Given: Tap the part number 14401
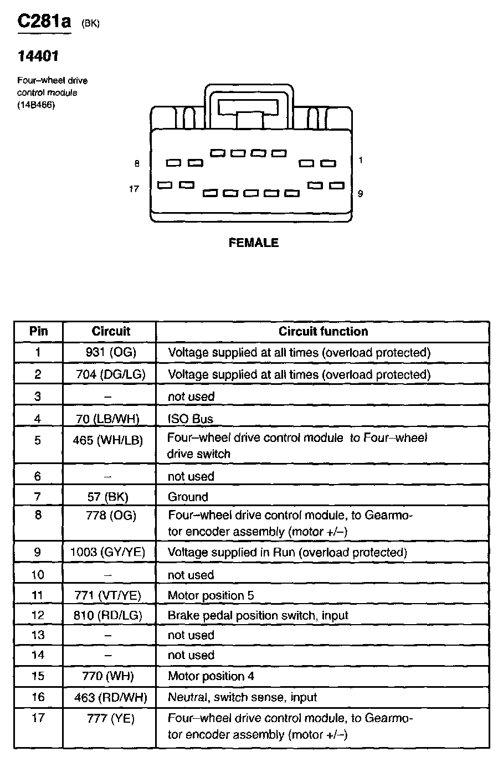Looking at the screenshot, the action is (x=38, y=56).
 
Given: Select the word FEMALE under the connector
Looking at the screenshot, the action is (x=253, y=243).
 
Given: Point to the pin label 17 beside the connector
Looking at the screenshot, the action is (x=134, y=189).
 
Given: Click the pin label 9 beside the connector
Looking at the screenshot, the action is (x=360, y=193).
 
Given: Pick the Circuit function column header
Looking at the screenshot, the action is (x=323, y=332).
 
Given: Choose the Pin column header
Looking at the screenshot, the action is (x=38, y=332).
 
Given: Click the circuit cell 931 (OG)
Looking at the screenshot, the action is (x=110, y=353).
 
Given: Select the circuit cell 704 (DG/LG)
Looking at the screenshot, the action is (x=110, y=374).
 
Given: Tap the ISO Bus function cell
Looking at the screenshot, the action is (x=191, y=419).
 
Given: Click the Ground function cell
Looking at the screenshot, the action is (x=188, y=497).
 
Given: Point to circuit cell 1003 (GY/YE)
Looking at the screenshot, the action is (x=108, y=552).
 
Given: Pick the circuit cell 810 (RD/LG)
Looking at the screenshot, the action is (x=108, y=615).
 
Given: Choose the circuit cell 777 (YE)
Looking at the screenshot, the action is (x=110, y=719).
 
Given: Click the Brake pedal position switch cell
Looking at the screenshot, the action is (x=258, y=615).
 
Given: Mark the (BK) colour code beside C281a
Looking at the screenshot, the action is (x=90, y=23).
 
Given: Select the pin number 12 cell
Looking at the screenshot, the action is (x=38, y=615).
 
